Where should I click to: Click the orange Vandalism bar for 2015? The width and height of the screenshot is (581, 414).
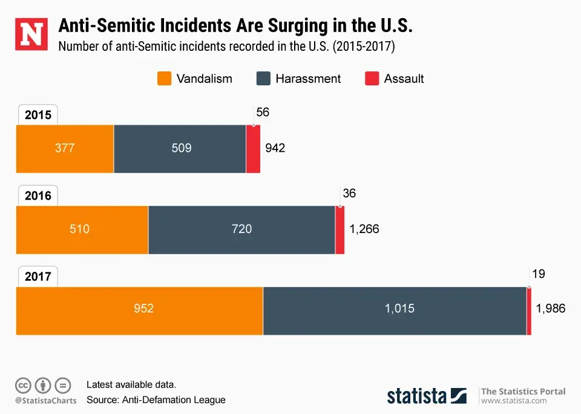(65, 149)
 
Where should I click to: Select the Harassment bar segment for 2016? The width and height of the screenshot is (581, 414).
(241, 229)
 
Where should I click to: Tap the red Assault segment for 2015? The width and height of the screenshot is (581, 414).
(253, 149)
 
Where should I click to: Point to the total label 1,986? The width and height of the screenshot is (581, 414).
(550, 309)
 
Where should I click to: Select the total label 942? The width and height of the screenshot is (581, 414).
(275, 148)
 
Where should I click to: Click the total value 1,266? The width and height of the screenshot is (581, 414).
(364, 229)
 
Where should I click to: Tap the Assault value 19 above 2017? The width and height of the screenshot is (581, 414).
(538, 274)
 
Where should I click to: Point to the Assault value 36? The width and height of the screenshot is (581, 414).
(349, 194)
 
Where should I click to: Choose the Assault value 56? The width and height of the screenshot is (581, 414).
(263, 113)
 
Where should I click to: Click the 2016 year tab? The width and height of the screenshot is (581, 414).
(38, 195)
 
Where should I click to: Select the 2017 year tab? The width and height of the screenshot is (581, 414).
(38, 277)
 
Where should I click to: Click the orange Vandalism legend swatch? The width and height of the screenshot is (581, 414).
(163, 79)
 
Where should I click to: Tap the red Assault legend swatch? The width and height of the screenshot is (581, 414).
(372, 79)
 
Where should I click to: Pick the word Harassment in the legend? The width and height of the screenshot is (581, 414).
(308, 79)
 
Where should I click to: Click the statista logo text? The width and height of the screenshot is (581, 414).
(417, 396)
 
